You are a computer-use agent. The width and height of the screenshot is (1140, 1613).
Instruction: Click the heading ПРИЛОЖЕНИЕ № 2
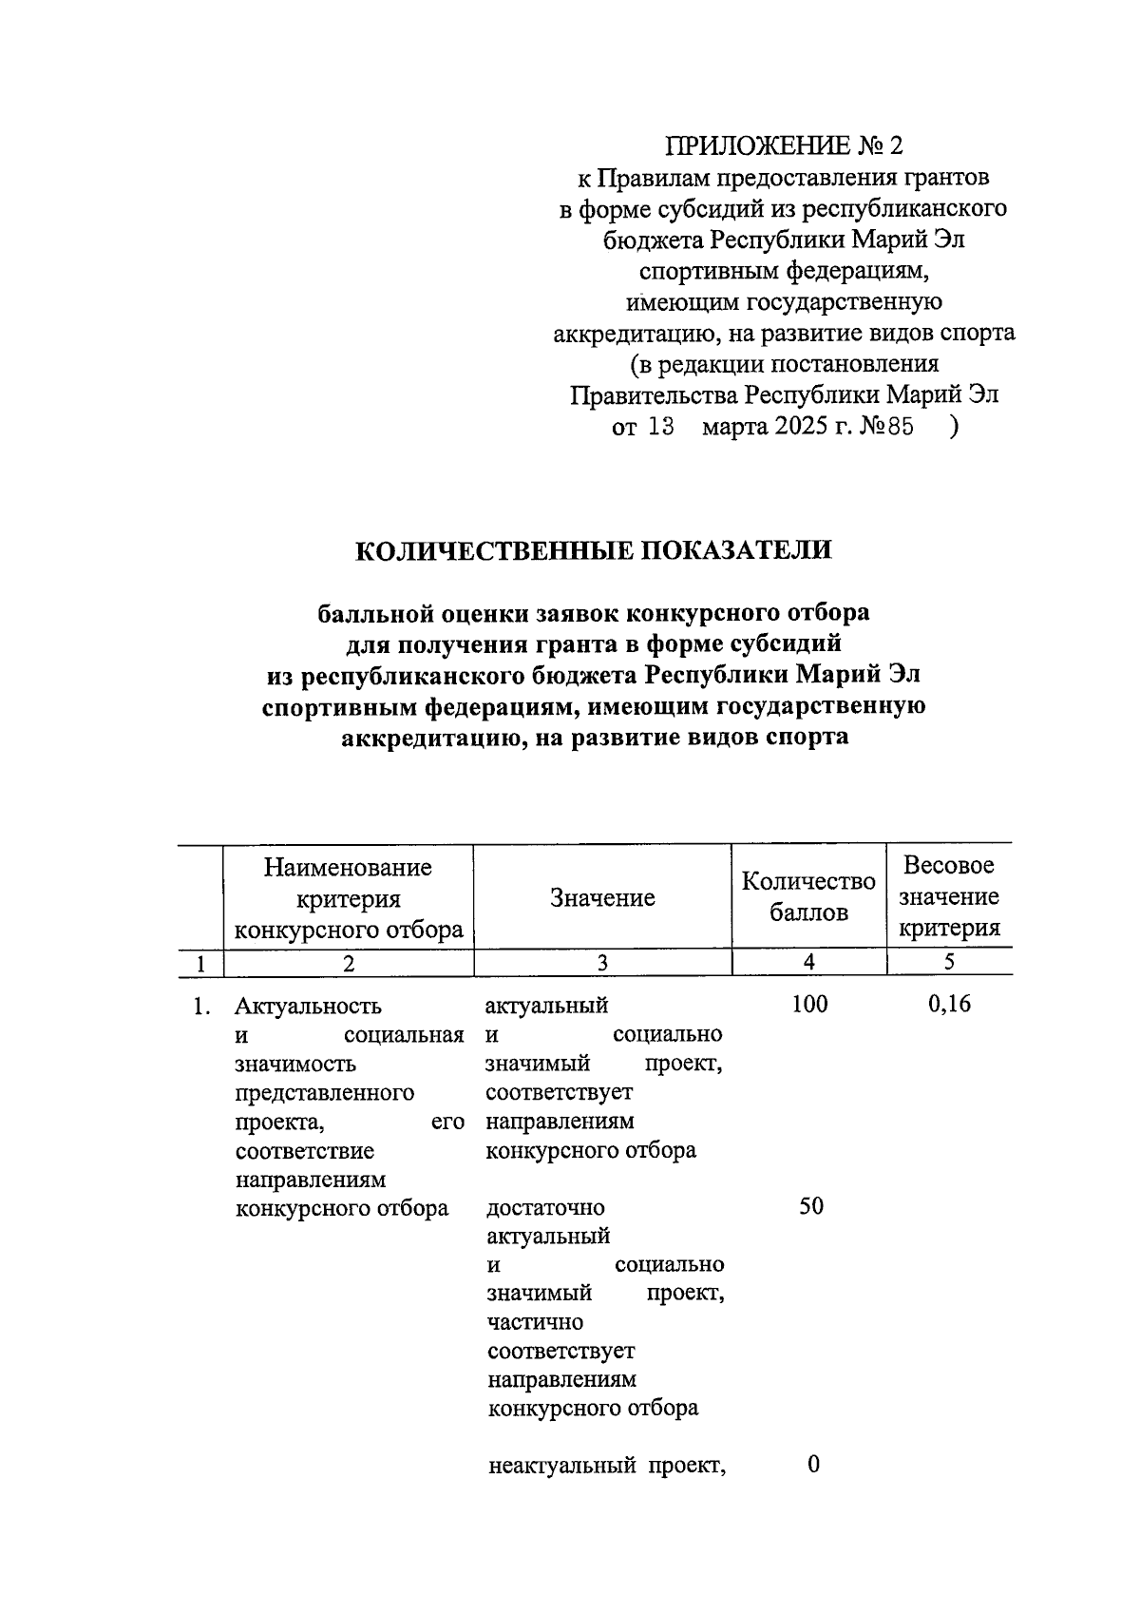coord(784,145)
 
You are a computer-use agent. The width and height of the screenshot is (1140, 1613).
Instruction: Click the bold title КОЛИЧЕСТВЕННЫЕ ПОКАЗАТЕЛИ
coord(594,550)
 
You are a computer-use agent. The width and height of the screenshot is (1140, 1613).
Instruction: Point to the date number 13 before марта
coord(660,427)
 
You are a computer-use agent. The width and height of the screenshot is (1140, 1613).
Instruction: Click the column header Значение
coord(602,898)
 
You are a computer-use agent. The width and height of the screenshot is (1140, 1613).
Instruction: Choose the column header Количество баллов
coord(808,896)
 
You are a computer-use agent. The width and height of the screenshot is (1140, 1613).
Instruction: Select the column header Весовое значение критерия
coord(948,896)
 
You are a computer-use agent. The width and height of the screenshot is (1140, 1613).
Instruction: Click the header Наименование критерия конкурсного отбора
coord(348,898)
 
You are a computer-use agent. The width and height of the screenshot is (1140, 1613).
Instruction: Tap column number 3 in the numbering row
coord(602,963)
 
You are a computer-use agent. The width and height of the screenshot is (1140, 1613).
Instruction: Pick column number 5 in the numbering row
coord(948,963)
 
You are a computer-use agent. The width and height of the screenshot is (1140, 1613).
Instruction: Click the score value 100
coord(809,1005)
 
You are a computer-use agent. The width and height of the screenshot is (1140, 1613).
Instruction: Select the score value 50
coord(810,1207)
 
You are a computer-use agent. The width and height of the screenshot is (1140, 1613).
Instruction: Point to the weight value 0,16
coord(949,1005)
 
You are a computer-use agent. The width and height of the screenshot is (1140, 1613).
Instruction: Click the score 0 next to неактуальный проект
coord(813,1465)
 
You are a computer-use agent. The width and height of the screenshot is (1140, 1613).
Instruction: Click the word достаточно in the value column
coord(545,1208)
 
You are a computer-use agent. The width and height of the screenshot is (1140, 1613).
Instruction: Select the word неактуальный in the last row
coord(561,1467)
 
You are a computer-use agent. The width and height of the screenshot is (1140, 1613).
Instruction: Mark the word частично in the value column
coord(535,1322)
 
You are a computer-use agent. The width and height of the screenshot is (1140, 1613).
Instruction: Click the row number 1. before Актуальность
coord(200,1006)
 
